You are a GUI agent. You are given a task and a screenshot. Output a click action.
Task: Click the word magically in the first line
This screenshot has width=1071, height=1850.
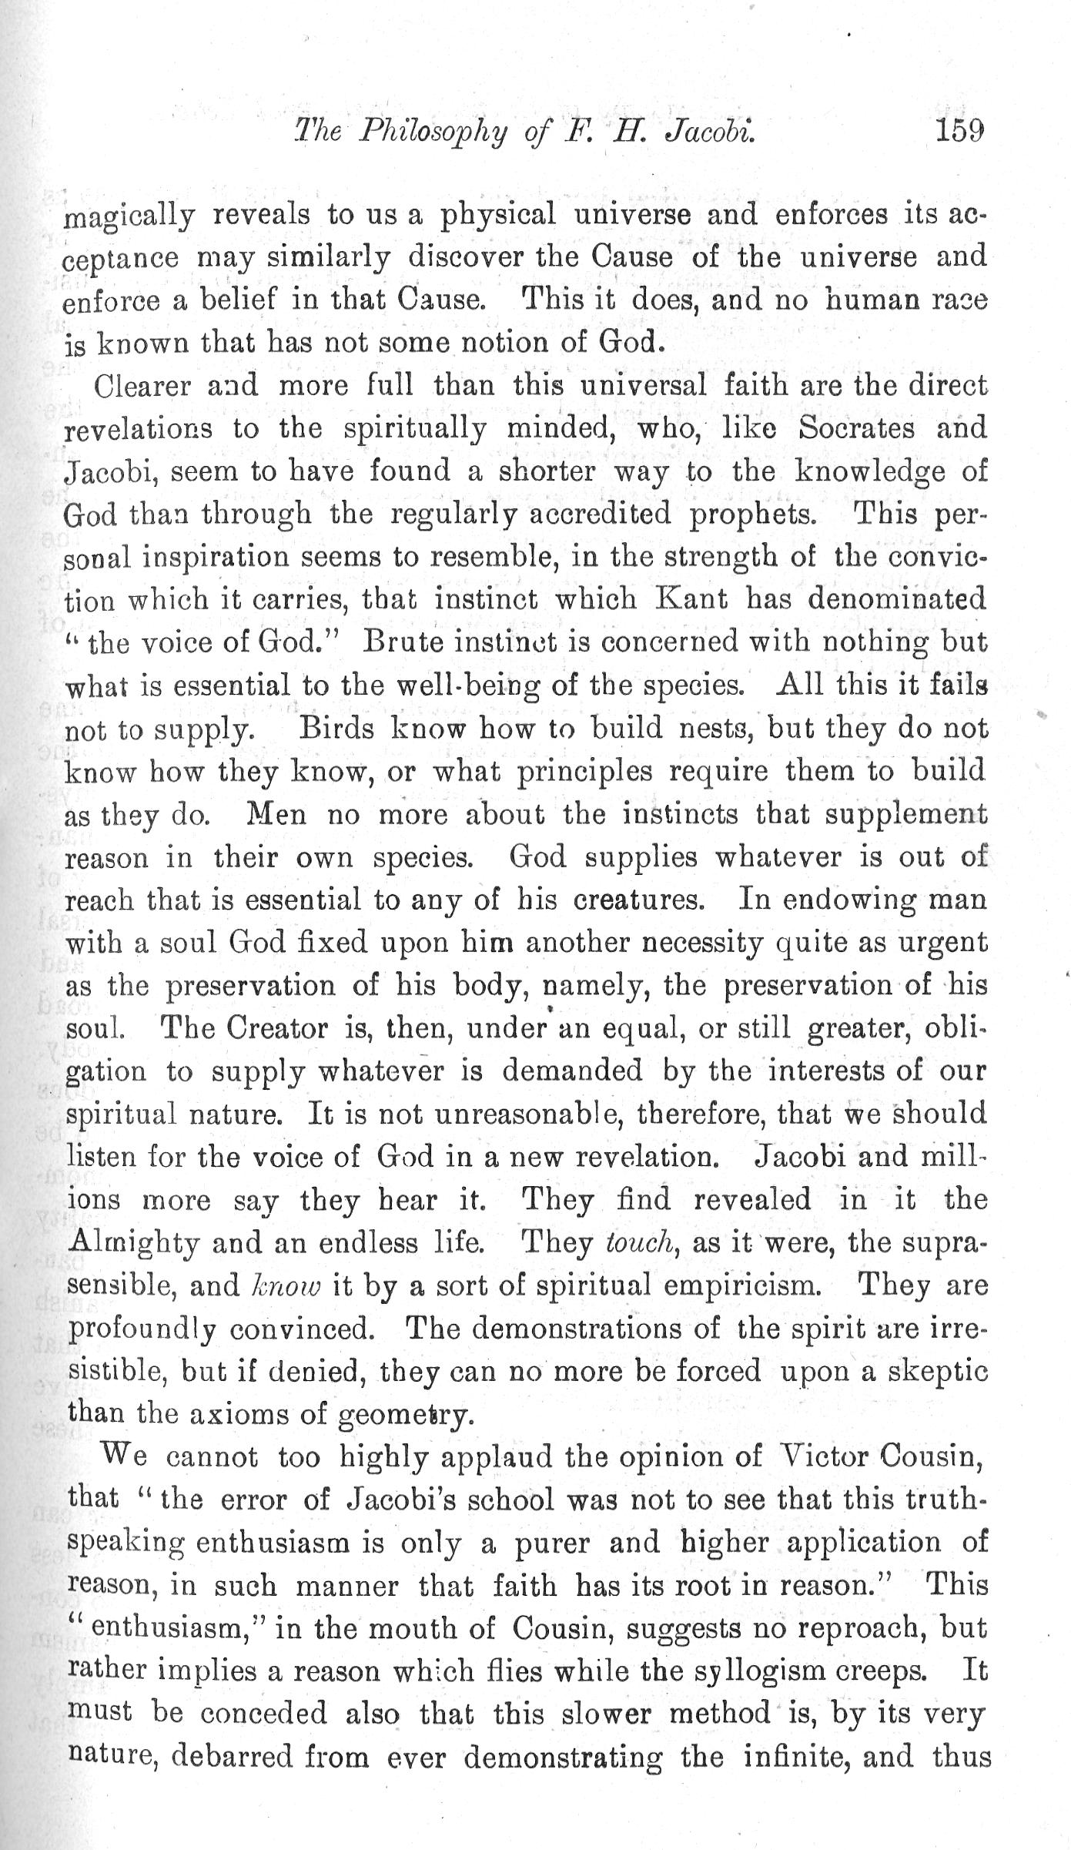128,217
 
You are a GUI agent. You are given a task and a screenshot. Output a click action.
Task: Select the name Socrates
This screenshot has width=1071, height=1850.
856,428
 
